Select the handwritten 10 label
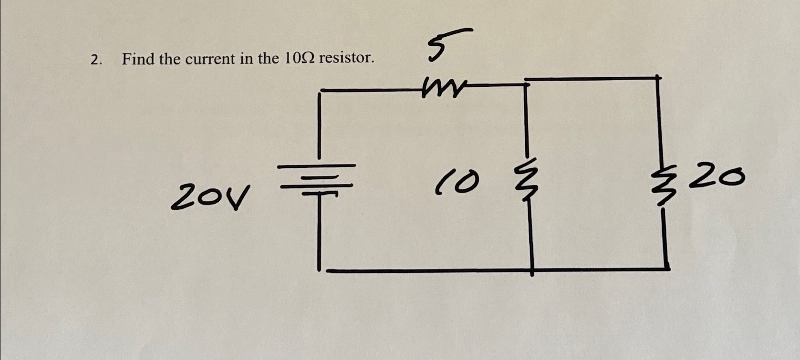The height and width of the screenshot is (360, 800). (456, 184)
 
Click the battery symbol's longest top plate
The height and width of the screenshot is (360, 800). (316, 166)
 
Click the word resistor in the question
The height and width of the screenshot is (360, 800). (346, 58)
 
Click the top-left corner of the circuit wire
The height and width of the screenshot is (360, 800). (320, 90)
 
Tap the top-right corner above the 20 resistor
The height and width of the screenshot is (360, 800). (658, 77)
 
